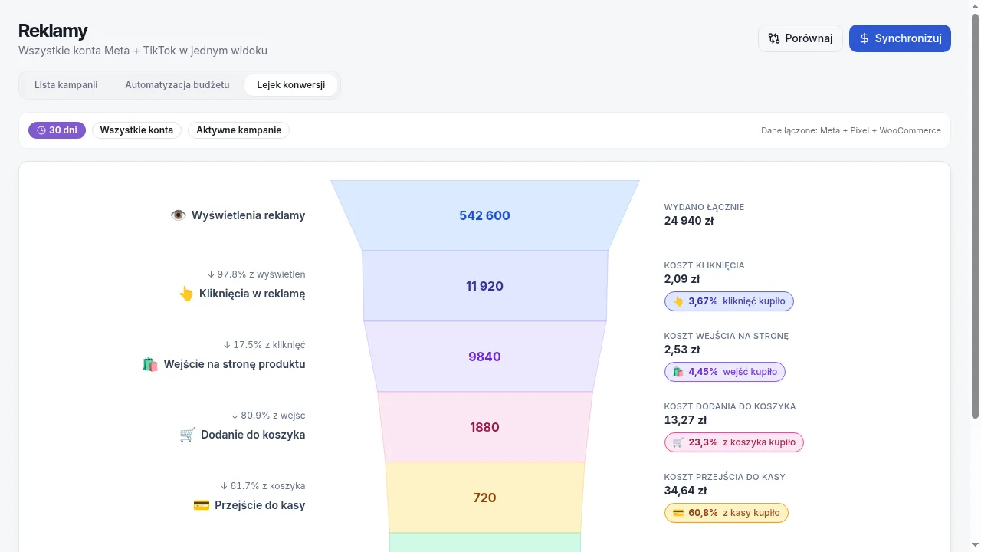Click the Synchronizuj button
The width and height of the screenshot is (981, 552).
[x=900, y=38]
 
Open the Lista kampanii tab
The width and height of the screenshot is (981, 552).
[x=66, y=84]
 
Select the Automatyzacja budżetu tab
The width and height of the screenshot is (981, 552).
[x=177, y=84]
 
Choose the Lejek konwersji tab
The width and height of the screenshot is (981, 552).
[x=290, y=84]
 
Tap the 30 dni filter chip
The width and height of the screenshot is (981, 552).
[x=57, y=130]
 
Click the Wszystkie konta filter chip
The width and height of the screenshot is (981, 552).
[x=136, y=130]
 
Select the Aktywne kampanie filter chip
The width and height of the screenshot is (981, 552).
[x=238, y=130]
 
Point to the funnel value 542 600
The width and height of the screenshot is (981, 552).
[x=484, y=215]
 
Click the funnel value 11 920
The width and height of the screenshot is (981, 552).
[x=484, y=286]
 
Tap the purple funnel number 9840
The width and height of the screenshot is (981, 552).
[x=484, y=356]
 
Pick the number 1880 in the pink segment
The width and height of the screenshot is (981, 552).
[x=484, y=427]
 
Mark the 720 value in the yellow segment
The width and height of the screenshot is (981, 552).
[x=484, y=498]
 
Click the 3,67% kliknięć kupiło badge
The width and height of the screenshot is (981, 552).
[x=729, y=301]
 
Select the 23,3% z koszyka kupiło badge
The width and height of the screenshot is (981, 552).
[x=734, y=442]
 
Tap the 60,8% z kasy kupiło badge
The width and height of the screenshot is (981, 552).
[x=726, y=513]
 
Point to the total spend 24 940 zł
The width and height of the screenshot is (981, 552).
[x=689, y=221]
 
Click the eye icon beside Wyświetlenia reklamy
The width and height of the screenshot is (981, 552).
[x=179, y=215]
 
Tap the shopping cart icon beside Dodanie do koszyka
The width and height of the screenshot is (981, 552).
[x=188, y=435]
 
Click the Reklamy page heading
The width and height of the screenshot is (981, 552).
[x=53, y=31]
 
